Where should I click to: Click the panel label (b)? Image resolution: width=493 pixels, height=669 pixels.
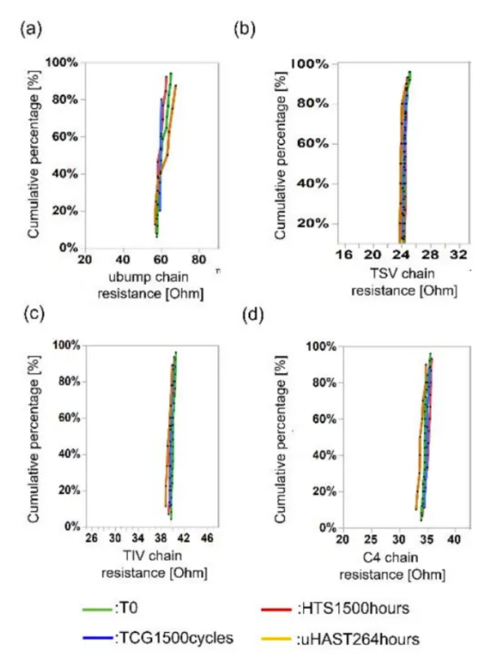tap(244, 30)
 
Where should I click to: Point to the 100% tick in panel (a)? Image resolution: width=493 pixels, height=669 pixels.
tap(62, 62)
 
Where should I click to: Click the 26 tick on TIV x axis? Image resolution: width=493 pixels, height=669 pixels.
tap(92, 537)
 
